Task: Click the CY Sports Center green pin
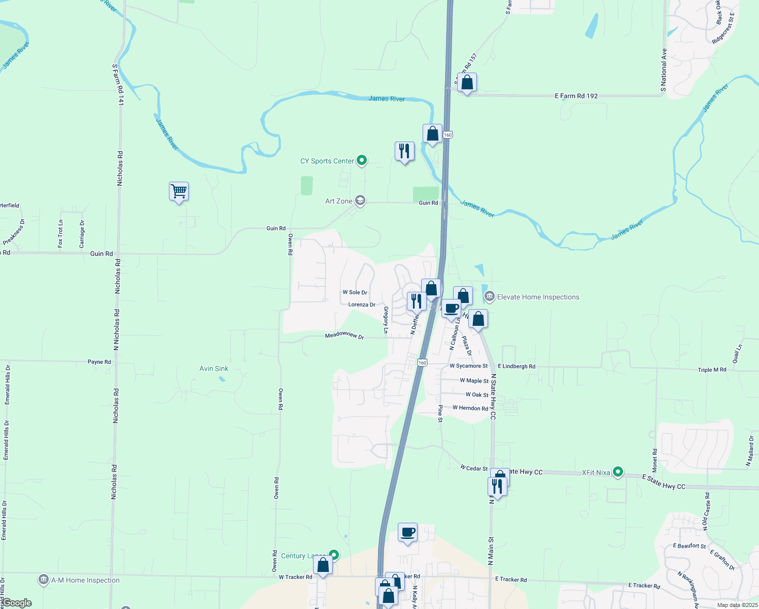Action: tap(362, 161)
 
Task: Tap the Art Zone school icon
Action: tap(360, 200)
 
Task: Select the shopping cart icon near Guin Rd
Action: tap(179, 192)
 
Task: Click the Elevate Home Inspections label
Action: tap(538, 297)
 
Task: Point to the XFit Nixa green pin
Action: tap(617, 472)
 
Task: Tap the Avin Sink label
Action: tap(214, 368)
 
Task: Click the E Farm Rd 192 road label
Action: tap(576, 96)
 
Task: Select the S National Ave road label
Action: tap(664, 71)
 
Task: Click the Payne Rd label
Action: tap(99, 362)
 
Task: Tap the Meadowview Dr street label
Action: tap(344, 335)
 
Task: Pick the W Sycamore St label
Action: tap(468, 366)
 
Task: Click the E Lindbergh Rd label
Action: tap(516, 366)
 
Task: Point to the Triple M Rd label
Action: tap(712, 370)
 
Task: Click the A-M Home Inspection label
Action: tap(85, 580)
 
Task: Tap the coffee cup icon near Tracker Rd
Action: tap(407, 532)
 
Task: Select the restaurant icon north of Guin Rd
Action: tap(404, 151)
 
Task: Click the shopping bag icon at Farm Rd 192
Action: tap(467, 83)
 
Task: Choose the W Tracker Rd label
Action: tap(295, 577)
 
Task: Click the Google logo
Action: tap(17, 603)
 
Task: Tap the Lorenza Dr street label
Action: tap(362, 304)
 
